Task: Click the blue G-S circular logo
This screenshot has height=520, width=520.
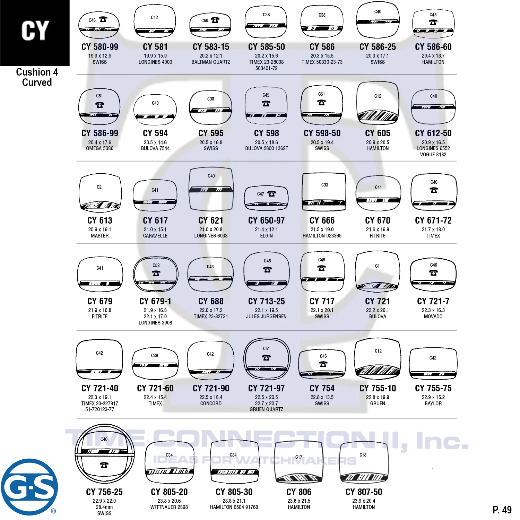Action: coord(29,487)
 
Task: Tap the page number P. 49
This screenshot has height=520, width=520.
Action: coord(502,510)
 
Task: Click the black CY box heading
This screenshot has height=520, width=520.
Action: coord(35,33)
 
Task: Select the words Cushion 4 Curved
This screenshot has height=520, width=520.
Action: coord(37,77)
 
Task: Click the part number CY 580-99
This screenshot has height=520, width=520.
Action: coord(100,47)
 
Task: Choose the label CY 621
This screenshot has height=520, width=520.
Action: coord(211,220)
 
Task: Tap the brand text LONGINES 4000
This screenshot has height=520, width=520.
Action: coord(155,62)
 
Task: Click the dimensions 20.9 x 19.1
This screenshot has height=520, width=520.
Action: coord(100,229)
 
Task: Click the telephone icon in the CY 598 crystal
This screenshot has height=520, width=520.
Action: coord(266,103)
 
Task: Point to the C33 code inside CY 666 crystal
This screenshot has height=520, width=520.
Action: coord(324,185)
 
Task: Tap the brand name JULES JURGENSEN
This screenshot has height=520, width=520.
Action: coord(266,317)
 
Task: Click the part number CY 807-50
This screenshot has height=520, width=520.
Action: coord(364,492)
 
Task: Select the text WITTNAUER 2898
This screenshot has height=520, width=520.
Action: coord(169,507)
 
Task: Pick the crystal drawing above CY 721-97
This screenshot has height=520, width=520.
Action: coord(267,359)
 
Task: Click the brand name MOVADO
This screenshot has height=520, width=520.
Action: coord(433,317)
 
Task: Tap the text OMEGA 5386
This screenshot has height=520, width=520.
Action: coord(100,148)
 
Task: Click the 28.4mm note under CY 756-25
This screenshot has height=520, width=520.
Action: coord(104,507)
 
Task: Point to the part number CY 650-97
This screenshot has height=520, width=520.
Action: coord(266,220)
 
